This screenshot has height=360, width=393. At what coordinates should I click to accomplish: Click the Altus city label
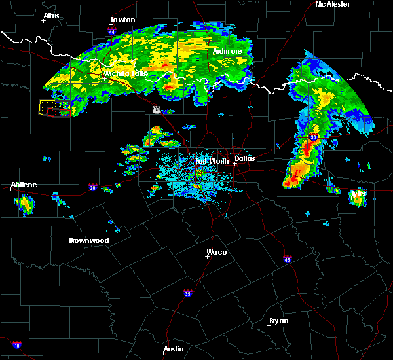[x=51, y=16]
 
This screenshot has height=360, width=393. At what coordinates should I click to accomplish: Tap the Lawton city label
[x=122, y=20]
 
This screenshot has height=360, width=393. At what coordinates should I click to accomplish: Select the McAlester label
[x=332, y=4]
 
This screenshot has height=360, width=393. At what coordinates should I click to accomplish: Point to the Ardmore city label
[x=227, y=51]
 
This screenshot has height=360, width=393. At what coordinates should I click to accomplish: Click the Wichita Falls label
[x=126, y=73]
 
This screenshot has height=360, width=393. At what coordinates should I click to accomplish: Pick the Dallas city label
[x=244, y=158]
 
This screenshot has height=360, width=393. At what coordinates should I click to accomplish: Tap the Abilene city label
[x=24, y=185]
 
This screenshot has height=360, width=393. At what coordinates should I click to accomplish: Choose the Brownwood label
[x=89, y=240]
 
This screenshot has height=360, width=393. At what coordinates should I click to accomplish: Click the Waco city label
[x=217, y=252]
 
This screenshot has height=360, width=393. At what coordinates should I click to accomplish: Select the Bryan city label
[x=278, y=321]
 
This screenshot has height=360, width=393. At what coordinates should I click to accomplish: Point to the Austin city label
[x=174, y=349]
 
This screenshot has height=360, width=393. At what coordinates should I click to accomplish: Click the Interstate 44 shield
[x=112, y=31]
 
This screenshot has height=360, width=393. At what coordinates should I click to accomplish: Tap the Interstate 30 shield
[x=314, y=137]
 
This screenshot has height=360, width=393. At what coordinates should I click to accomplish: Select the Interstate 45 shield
[x=288, y=259]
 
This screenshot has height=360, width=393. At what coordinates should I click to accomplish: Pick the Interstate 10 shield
[x=16, y=345]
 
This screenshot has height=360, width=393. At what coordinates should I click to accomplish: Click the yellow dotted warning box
[x=55, y=108]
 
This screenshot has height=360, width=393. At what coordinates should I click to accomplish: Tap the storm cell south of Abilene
[x=26, y=205]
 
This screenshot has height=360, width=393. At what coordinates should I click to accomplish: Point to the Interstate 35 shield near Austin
[x=187, y=292]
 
